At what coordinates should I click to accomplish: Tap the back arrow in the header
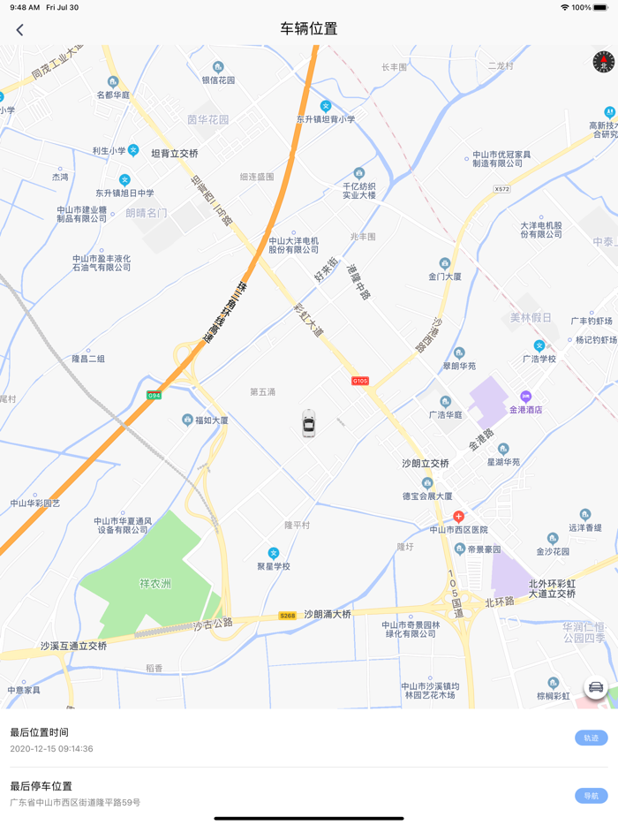pyautogui.click(x=19, y=29)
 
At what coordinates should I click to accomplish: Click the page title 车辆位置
pyautogui.click(x=309, y=29)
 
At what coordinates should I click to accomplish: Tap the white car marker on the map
pyautogui.click(x=308, y=423)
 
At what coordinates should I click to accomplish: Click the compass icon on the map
pyautogui.click(x=603, y=61)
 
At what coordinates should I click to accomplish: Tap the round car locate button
pyautogui.click(x=596, y=687)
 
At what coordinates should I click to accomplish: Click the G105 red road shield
pyautogui.click(x=359, y=381)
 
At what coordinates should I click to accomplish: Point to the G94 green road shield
pyautogui.click(x=154, y=395)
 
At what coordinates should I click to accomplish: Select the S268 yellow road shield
pyautogui.click(x=287, y=616)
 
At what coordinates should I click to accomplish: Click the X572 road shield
pyautogui.click(x=501, y=189)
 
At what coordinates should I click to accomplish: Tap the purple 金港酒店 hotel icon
pyautogui.click(x=526, y=397)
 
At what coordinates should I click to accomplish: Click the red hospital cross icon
pyautogui.click(x=458, y=516)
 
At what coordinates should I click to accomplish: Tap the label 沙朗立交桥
pyautogui.click(x=426, y=464)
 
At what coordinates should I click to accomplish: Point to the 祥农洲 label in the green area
pyautogui.click(x=154, y=584)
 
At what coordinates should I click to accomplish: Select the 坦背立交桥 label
pyautogui.click(x=175, y=154)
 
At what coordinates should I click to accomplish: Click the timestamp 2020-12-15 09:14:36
pyautogui.click(x=51, y=749)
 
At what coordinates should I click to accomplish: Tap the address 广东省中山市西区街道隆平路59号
pyautogui.click(x=75, y=803)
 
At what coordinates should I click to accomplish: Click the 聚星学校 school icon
pyautogui.click(x=274, y=553)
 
